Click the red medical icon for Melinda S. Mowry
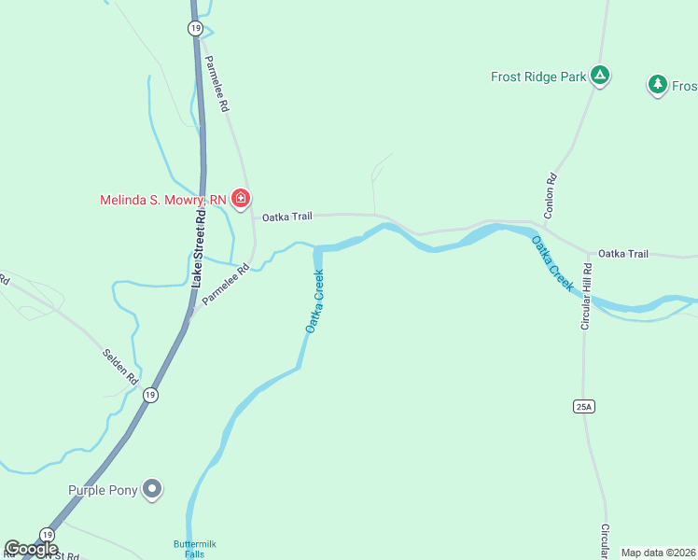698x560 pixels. pos(241,198)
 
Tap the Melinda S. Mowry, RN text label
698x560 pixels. pos(163,199)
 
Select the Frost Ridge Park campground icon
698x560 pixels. pos(600,76)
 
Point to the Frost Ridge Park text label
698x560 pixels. pos(538,77)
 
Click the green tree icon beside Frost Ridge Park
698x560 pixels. pos(658,85)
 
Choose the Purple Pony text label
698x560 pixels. pos(103,490)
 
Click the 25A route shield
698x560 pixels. pos(585,406)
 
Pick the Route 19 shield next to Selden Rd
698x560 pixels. pos(150,395)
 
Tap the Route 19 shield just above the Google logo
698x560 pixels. pos(46,533)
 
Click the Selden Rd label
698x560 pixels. pos(119,368)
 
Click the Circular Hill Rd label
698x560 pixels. pos(587,297)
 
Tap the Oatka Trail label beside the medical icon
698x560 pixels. pos(286,217)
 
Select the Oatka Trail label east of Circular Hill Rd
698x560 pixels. pos(622,253)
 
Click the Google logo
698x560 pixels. pos(31,548)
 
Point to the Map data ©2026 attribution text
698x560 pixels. pos(658,553)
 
